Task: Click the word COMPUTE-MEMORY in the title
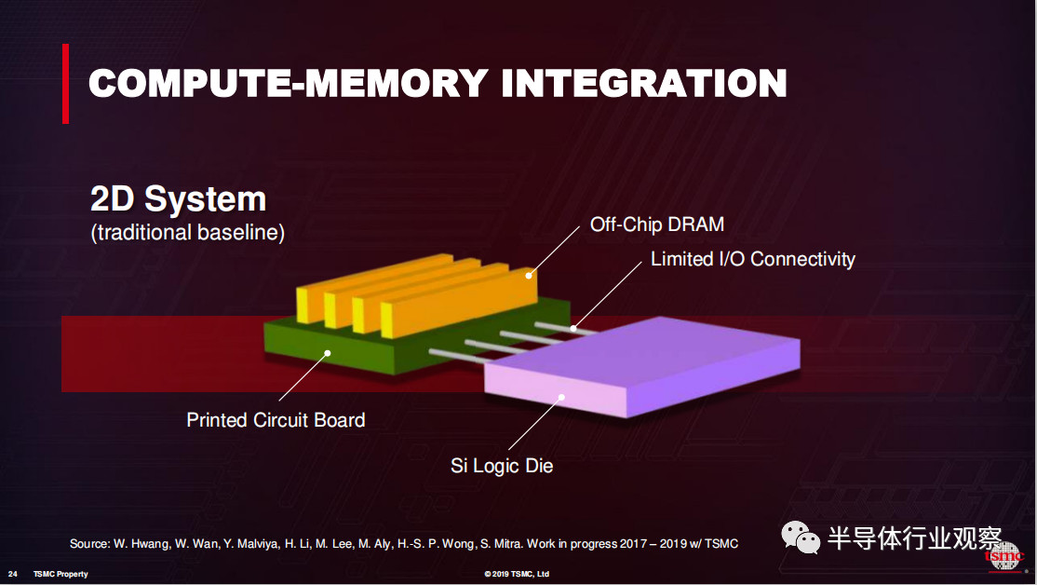289,84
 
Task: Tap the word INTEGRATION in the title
644,84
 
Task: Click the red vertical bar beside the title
65,84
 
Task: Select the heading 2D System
178,198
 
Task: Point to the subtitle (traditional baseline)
188,232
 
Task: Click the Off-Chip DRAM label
656,224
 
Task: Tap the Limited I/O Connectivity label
753,259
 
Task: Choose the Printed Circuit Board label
276,419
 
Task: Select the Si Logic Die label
502,465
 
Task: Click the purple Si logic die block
641,366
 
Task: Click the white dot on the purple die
561,397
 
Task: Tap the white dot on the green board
328,353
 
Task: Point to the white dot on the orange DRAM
529,276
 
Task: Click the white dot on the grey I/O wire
573,328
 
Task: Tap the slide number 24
12,574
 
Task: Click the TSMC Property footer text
61,574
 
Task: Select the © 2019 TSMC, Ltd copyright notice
517,574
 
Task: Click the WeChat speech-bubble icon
801,537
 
